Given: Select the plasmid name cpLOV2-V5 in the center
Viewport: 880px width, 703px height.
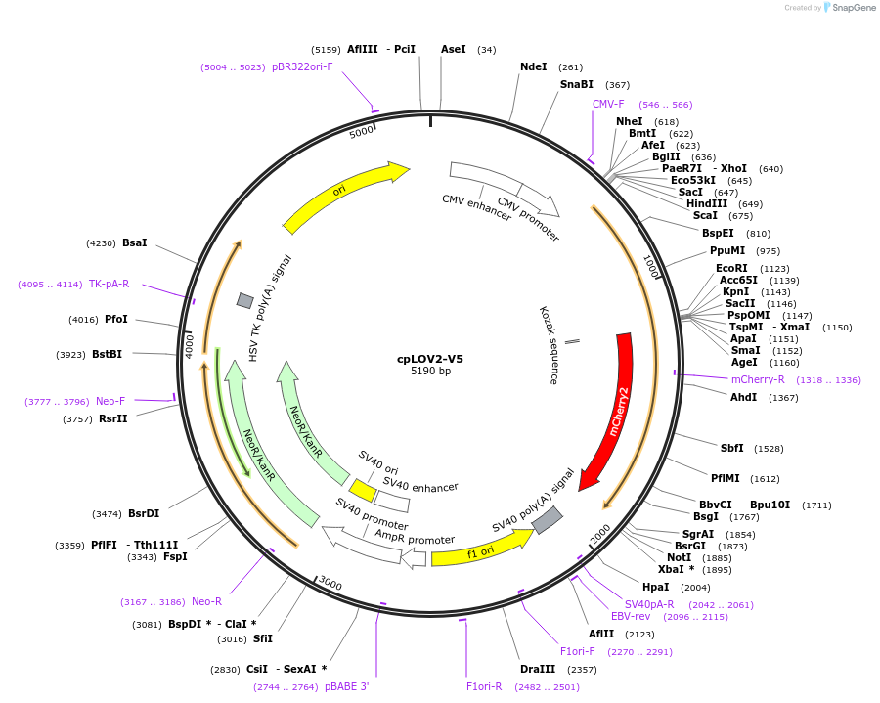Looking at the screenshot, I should [430, 359].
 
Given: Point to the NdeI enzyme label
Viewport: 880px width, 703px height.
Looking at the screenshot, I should [534, 66].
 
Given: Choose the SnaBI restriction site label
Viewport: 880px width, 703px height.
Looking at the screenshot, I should [577, 85].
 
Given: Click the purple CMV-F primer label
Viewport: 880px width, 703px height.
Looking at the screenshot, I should [608, 105].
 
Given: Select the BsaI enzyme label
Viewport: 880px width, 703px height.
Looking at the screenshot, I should [136, 242].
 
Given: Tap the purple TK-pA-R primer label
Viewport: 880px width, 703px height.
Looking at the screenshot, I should [109, 285].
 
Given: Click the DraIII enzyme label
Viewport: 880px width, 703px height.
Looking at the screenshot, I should [538, 669].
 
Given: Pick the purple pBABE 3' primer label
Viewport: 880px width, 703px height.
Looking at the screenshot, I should [347, 686].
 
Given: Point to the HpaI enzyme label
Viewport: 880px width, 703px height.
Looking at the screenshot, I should [656, 587].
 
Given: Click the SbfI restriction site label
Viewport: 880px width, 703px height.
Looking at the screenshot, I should [732, 448].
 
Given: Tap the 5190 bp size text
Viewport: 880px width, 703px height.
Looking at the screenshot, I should [430, 372].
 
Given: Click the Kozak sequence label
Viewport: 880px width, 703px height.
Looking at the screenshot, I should [548, 344].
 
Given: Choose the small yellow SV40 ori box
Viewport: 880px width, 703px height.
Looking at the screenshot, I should [363, 489].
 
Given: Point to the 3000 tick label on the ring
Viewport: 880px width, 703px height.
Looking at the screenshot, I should [330, 584].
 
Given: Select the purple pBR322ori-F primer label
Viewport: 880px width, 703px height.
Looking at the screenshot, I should [302, 67].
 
